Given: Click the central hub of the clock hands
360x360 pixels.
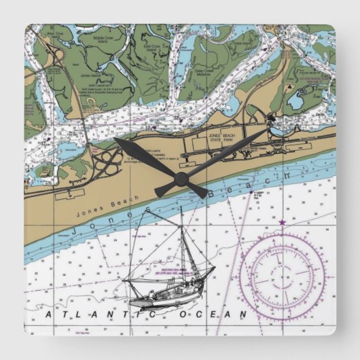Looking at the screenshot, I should tap(181, 179).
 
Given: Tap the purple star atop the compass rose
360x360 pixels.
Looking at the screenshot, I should tap(281, 222).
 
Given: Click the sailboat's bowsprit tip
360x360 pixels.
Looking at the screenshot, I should tap(214, 268).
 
